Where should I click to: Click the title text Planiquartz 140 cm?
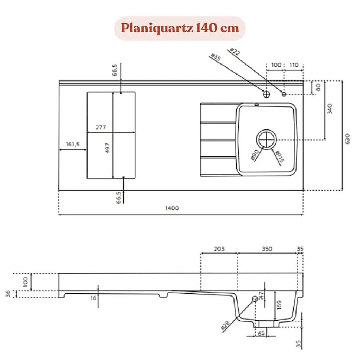tap(180, 28)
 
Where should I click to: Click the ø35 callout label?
tap(215, 57)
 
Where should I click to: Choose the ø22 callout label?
tap(235, 51)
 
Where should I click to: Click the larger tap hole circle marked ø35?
tap(266, 94)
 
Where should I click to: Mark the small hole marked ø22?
tap(284, 94)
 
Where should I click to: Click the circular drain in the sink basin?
tap(266, 139)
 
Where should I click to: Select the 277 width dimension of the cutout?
tap(100, 128)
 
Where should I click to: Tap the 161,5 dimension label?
tap(72, 145)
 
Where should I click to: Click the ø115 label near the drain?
tap(279, 157)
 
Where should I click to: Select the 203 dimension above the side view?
tap(219, 248)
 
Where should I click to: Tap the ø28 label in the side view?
tap(225, 326)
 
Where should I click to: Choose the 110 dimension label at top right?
tap(294, 65)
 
